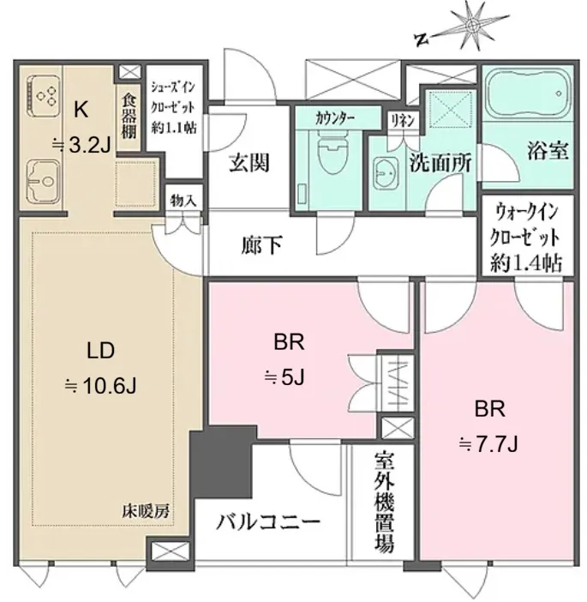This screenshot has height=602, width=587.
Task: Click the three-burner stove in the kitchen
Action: pos(43,96)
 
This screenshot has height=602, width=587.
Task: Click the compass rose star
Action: pos(472,26)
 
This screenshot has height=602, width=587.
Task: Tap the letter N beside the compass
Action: pos(422,39)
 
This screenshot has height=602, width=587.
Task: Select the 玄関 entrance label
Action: pos(249,162)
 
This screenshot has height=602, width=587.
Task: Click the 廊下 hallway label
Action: pos(262,244)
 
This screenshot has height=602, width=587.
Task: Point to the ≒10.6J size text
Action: pos(100,385)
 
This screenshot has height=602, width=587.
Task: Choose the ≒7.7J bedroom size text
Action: pos(488,445)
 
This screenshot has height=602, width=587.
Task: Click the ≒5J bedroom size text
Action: pos(285,378)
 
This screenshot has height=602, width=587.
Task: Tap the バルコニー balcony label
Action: pos(268,522)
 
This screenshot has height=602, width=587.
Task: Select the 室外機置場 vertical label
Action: pos(384,502)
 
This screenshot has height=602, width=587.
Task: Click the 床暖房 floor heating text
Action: pos(146,511)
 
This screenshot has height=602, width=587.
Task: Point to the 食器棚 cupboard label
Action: pos(129,116)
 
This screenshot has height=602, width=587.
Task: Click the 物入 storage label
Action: pos(183,201)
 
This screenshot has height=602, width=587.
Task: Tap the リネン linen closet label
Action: pos(403,121)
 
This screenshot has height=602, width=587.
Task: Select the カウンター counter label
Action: pos(334,118)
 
